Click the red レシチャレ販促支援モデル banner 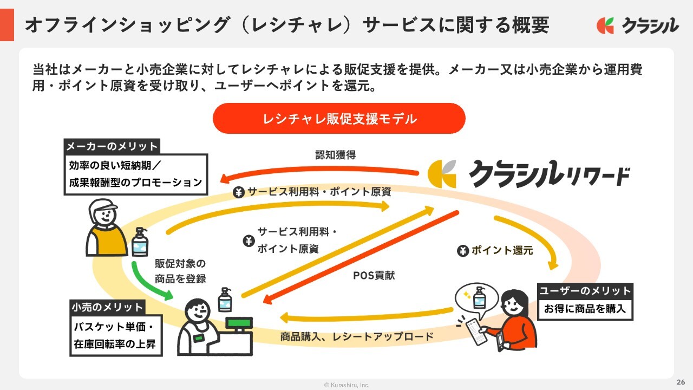point(339,119)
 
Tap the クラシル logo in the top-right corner point(637,25)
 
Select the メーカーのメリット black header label point(112,146)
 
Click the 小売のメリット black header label point(107,307)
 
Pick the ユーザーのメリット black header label point(585,291)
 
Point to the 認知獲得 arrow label point(336,155)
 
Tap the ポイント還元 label point(502,250)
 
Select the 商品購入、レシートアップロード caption point(357,336)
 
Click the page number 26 point(681,381)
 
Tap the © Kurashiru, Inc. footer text point(346,385)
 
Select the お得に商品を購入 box point(585,309)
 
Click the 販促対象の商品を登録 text point(180,271)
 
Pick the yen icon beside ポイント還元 point(463,251)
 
